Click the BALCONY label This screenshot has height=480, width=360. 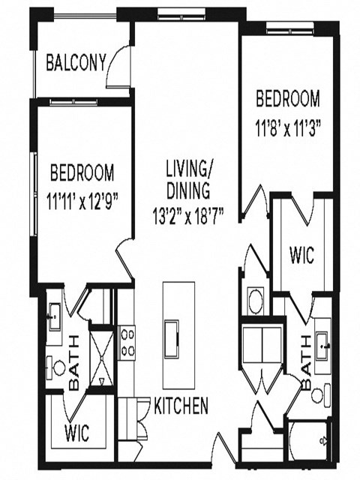76,63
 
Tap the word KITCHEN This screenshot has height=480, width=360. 181,407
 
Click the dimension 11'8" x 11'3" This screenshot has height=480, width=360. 288,127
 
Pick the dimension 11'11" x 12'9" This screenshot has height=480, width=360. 82,201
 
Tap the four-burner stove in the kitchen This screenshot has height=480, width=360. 127,342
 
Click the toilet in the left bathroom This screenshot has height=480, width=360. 58,367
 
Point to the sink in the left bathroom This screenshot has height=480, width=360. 53,316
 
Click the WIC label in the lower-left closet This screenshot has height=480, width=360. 77,433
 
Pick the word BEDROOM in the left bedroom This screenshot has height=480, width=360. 82,174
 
